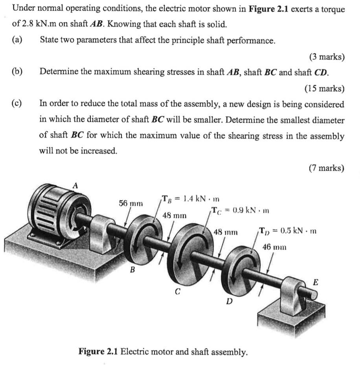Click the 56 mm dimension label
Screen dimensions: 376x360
click(x=131, y=203)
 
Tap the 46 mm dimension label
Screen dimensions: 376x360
click(x=274, y=247)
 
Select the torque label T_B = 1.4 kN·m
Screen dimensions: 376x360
click(x=190, y=198)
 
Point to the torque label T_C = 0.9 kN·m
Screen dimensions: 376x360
click(x=240, y=210)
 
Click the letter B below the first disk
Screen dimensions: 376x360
click(x=132, y=270)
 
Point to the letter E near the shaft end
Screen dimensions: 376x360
click(x=315, y=282)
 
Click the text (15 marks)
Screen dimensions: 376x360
click(x=325, y=88)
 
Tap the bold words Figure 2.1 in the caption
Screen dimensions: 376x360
click(x=98, y=351)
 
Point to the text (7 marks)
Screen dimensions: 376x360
click(x=326, y=168)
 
